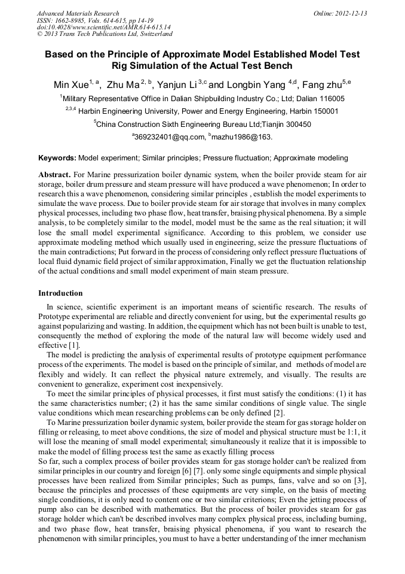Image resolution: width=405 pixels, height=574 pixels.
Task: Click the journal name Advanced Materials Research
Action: click(x=78, y=13)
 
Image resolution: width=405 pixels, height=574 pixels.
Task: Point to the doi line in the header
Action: click(x=103, y=28)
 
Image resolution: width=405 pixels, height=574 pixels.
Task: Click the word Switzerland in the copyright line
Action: click(x=151, y=35)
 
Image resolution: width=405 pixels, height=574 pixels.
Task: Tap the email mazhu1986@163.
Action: click(x=242, y=137)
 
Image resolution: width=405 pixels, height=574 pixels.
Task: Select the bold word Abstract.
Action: click(x=54, y=174)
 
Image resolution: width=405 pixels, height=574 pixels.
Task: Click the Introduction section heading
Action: click(x=60, y=293)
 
